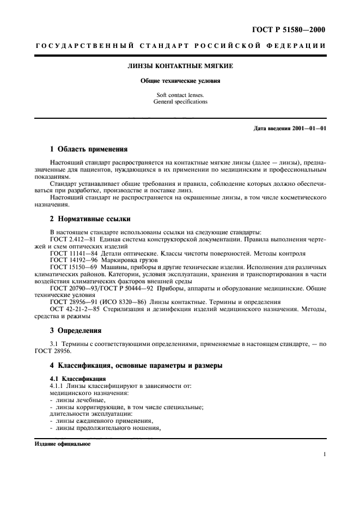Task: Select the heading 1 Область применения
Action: click(x=89, y=149)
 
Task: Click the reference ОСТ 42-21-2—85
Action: click(x=74, y=309)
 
